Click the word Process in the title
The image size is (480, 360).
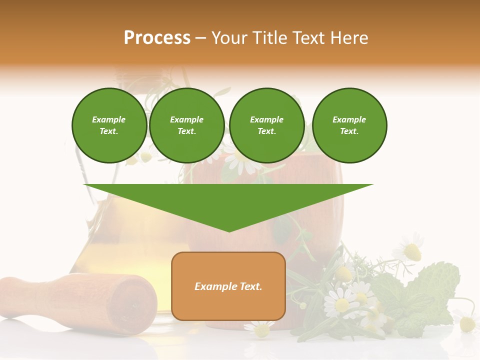157,38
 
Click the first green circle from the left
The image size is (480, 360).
109,125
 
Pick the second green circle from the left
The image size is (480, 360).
187,125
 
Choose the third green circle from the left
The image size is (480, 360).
266,125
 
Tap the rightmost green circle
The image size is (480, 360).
349,125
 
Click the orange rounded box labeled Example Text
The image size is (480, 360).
228,286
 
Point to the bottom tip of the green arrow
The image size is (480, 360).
229,231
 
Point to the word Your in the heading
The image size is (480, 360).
229,38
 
